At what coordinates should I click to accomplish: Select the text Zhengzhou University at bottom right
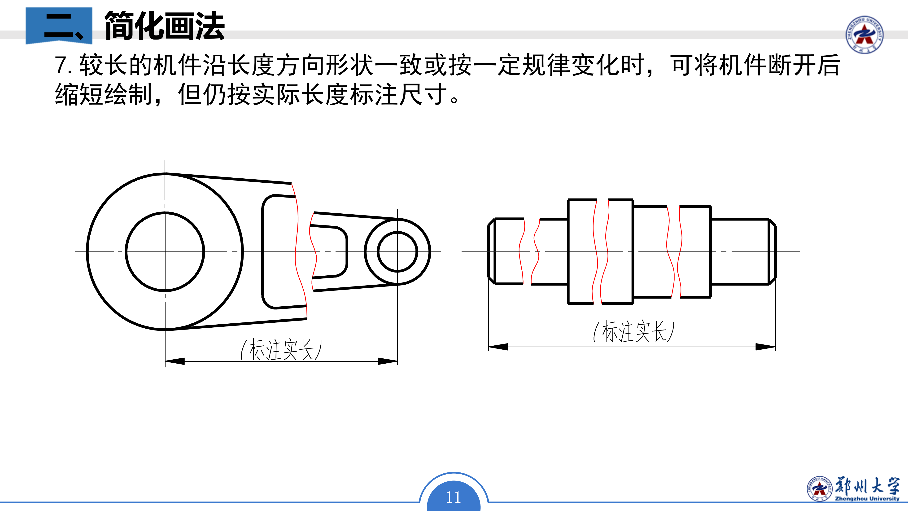click(867, 499)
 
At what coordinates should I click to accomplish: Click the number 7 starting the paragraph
click(61, 65)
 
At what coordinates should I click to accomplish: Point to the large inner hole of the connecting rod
click(165, 251)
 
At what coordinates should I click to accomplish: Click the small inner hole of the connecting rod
click(397, 251)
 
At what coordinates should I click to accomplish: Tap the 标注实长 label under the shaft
click(634, 331)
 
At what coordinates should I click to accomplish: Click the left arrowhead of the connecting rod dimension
click(175, 361)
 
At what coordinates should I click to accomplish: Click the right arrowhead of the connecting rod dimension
click(388, 361)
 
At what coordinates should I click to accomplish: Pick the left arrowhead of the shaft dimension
click(498, 347)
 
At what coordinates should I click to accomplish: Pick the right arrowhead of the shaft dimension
click(766, 347)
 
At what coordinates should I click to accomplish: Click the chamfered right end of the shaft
click(772, 251)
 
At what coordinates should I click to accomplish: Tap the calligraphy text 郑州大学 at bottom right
click(867, 486)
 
